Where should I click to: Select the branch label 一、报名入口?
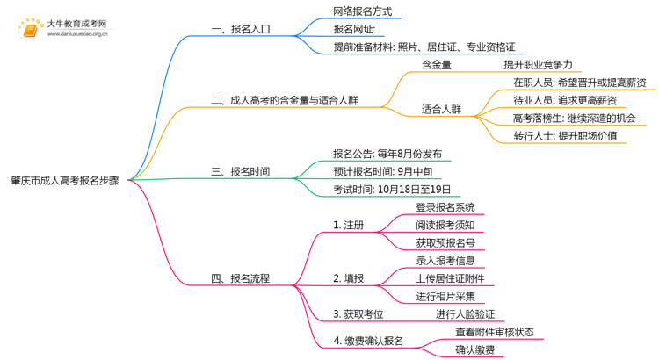pos(241,29)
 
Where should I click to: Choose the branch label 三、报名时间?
pos(241,171)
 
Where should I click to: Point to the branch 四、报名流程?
pos(241,278)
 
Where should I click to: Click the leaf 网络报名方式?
pos(362,11)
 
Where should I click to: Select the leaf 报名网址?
pos(355,29)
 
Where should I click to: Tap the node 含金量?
pos(437,65)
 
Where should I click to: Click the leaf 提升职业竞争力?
pos(538,65)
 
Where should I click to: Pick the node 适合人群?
pos(441,110)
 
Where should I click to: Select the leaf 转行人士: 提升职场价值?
pos(565,136)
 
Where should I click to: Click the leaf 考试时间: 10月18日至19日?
pos(392,189)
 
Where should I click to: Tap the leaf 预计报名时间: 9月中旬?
pos(381,171)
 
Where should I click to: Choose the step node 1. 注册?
pos(349,225)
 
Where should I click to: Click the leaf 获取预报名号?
pos(445,242)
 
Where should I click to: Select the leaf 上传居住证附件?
pos(450,278)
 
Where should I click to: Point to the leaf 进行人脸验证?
pos(466,313)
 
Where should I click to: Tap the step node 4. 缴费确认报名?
pos(368,341)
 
